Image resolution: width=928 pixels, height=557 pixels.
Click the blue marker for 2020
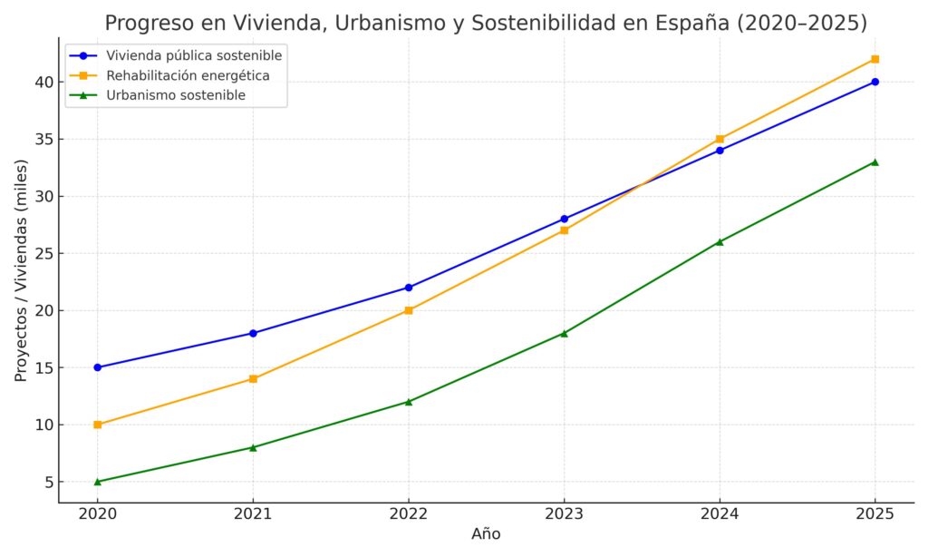click(98, 367)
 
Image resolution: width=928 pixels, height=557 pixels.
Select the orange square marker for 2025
click(875, 59)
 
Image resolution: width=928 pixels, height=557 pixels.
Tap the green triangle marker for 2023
click(564, 333)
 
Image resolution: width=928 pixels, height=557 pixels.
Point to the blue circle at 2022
click(409, 288)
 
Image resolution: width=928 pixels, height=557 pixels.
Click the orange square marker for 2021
click(253, 378)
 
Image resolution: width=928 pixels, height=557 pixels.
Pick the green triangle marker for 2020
click(98, 481)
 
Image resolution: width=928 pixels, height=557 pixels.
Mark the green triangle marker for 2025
click(875, 161)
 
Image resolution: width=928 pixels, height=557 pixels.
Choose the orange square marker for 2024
click(720, 139)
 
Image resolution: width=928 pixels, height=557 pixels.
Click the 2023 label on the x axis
click(564, 513)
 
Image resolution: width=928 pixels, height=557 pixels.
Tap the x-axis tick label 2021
click(253, 513)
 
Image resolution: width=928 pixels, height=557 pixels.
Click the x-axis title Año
click(486, 534)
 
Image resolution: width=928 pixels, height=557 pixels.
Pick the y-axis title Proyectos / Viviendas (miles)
click(21, 270)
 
